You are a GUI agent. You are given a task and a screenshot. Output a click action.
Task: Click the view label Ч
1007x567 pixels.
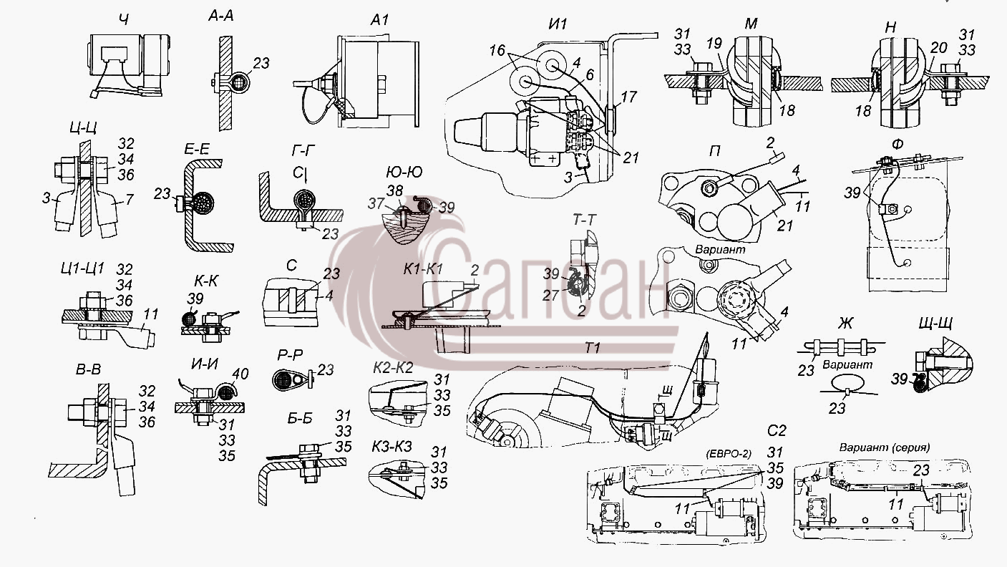point(125,20)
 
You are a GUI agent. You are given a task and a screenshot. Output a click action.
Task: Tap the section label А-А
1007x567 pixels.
point(221,16)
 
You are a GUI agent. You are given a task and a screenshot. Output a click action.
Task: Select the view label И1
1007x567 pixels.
point(558,24)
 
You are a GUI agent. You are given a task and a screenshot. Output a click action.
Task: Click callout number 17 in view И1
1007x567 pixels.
point(628,97)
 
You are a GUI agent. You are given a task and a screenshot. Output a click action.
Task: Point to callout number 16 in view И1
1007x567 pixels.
point(497,50)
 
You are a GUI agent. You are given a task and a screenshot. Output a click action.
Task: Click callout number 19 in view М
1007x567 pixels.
point(714,44)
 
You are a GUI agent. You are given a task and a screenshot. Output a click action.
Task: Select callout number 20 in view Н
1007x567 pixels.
point(939,48)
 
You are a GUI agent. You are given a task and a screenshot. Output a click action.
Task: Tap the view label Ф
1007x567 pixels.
point(896,145)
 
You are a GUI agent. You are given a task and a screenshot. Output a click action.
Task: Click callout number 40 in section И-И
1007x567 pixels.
point(240,374)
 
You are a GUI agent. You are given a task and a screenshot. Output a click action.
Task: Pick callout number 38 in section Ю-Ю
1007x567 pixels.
point(394,190)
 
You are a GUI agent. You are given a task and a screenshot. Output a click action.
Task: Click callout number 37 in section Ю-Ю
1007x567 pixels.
point(376,204)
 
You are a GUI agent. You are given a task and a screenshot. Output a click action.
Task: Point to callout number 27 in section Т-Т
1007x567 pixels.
point(550,295)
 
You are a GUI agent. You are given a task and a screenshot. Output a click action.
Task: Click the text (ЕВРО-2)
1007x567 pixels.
point(729,454)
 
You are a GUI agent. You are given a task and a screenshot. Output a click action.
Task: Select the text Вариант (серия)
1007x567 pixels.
point(885,447)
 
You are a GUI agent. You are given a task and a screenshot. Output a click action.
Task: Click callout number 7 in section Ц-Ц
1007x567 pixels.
point(130,199)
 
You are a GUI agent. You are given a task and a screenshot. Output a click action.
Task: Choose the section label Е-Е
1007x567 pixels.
point(197,150)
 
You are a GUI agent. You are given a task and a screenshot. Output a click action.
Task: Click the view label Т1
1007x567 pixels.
point(593,348)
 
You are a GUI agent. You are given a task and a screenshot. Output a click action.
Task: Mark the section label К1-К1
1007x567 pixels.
point(423,269)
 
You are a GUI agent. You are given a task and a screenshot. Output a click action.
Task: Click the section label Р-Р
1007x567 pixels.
point(290,356)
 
